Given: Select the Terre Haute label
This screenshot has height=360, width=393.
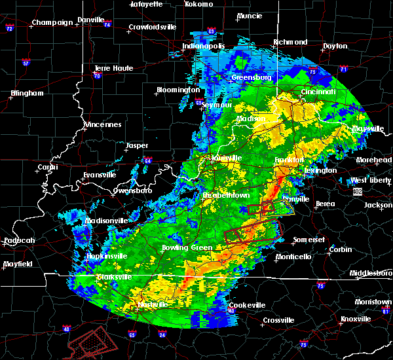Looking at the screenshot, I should tap(113, 68).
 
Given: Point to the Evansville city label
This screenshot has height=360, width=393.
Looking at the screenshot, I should tap(99, 175).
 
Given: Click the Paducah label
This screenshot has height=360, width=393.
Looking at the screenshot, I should tap(19, 240).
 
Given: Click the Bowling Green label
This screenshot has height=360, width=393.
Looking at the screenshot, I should tap(187, 248).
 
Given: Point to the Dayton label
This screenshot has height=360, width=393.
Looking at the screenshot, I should tap(335, 46).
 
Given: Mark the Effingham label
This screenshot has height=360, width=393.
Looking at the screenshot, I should tap(27, 93).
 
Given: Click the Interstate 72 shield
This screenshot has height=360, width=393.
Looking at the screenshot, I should tap(10, 29).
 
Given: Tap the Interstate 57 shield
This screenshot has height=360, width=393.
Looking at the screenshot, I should tap(26, 63).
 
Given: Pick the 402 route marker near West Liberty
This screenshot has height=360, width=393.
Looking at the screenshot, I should tap(356, 191).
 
